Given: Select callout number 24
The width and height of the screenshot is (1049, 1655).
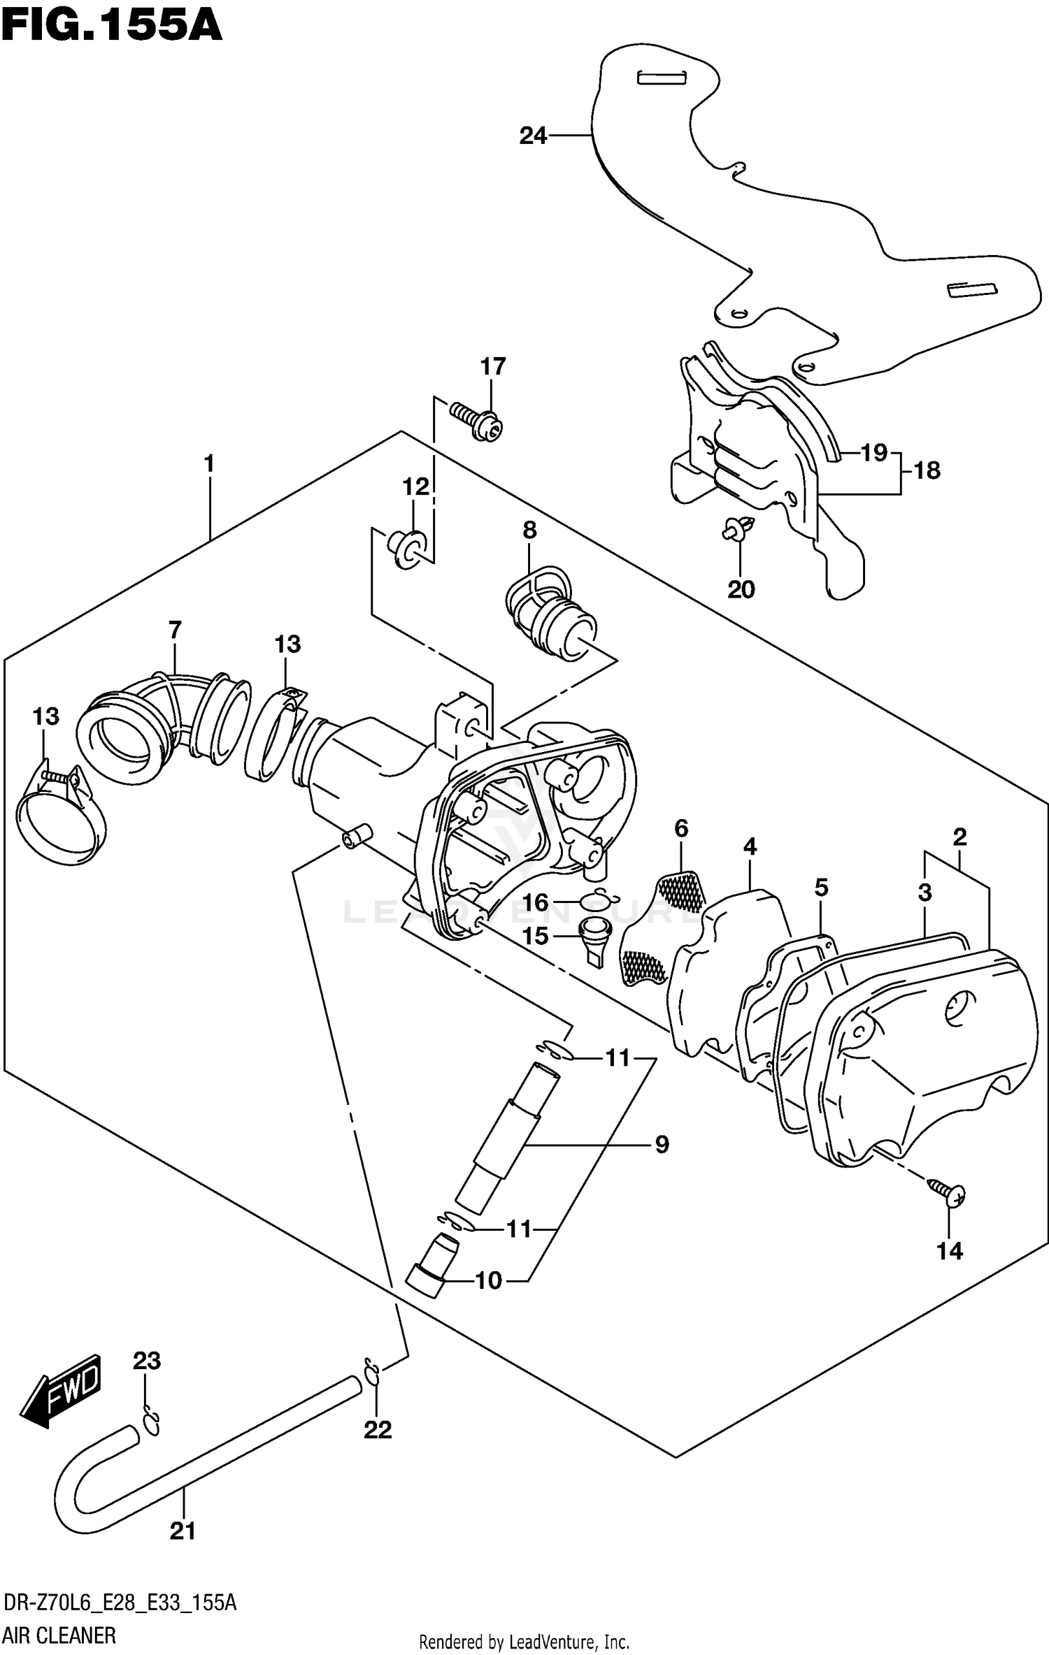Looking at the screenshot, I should coord(533,136).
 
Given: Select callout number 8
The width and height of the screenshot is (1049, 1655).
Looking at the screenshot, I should coord(529,530).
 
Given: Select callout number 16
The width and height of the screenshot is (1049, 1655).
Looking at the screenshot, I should coord(535,902).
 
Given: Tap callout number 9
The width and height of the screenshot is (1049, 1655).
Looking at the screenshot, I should coord(662,1144).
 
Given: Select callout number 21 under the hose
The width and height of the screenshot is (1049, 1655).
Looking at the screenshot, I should coord(183,1531).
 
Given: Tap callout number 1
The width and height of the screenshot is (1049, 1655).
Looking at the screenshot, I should coord(208,464).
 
